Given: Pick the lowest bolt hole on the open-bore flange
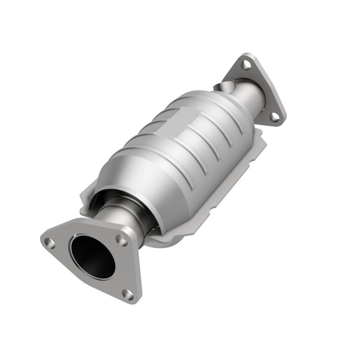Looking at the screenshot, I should click(x=129, y=295).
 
